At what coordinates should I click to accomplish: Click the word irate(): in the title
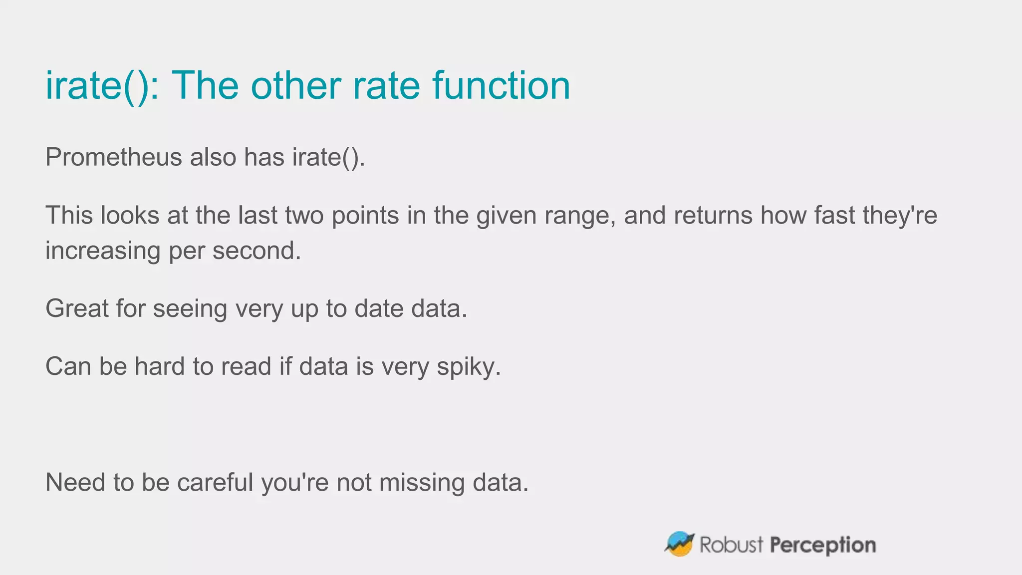(102, 86)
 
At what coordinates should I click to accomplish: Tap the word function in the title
(501, 86)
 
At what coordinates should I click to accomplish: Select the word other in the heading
(295, 86)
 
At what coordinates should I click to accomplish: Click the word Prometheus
(113, 157)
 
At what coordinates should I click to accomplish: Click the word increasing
(103, 251)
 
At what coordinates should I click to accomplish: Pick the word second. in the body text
(257, 251)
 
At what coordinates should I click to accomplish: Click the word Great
(77, 308)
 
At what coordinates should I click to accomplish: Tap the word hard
(160, 367)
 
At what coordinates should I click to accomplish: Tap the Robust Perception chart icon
(679, 544)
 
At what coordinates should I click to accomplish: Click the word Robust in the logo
(732, 545)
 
